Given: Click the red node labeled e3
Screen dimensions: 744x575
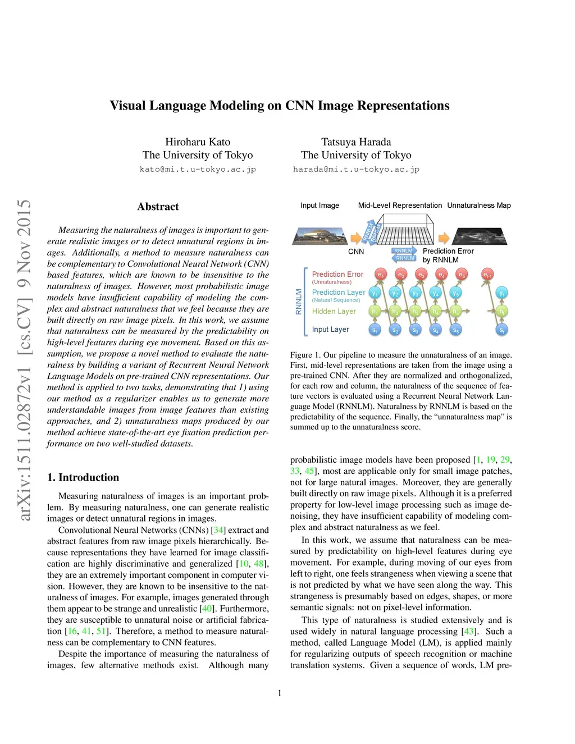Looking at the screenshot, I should pyautogui.click(x=421, y=274).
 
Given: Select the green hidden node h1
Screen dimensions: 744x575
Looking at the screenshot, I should pyautogui.click(x=375, y=311).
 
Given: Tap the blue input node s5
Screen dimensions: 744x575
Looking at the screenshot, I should pyautogui.click(x=456, y=330).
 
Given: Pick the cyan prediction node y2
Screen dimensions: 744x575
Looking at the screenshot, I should pyautogui.click(x=395, y=293).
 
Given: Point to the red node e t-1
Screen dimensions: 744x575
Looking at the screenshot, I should pyautogui.click(x=487, y=274).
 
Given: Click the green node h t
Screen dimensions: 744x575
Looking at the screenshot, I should pyautogui.click(x=502, y=311).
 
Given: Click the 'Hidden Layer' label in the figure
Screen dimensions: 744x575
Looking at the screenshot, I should pyautogui.click(x=334, y=311).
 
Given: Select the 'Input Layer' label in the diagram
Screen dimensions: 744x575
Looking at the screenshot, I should pyautogui.click(x=330, y=330).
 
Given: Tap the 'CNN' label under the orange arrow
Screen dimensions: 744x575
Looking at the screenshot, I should pyautogui.click(x=356, y=252).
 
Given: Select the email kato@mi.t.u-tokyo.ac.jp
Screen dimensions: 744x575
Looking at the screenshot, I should pyautogui.click(x=198, y=169).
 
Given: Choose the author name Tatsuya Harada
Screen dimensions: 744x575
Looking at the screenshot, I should pyautogui.click(x=356, y=142).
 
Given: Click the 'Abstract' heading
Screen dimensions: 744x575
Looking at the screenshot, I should pyautogui.click(x=158, y=207).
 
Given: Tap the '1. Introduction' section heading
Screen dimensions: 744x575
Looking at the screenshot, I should pyautogui.click(x=83, y=477).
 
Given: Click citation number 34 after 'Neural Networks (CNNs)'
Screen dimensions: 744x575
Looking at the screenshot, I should pyautogui.click(x=219, y=530).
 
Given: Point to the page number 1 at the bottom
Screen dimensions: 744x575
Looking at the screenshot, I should pyautogui.click(x=280, y=693).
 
